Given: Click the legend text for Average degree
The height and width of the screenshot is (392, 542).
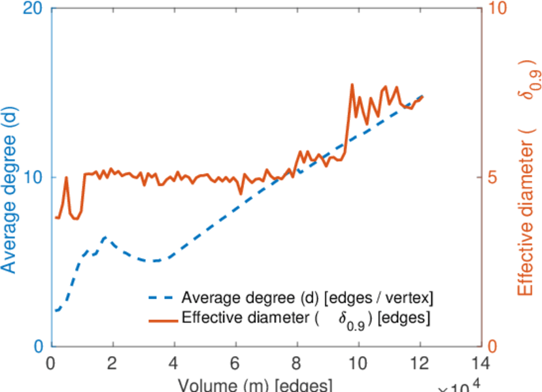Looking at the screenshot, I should coord(307,298).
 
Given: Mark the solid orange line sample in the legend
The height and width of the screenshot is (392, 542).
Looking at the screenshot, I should coord(161,319).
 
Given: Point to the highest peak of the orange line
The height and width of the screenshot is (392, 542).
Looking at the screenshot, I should coord(352,84).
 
